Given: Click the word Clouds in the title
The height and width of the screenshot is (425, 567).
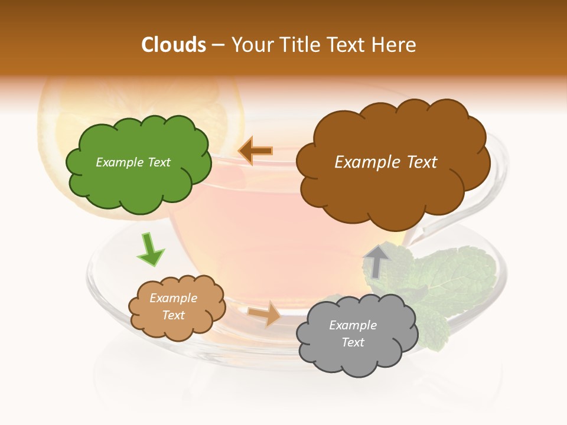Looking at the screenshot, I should [174, 45].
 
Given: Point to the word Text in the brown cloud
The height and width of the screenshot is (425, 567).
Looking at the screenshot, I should [418, 162].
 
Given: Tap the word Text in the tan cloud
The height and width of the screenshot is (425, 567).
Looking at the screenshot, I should [173, 315].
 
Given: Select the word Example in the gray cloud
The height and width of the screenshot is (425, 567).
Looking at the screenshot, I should [353, 325].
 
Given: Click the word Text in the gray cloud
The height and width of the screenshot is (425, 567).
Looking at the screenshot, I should [353, 342].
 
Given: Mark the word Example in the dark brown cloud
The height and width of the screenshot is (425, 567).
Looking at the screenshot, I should [364, 162].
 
